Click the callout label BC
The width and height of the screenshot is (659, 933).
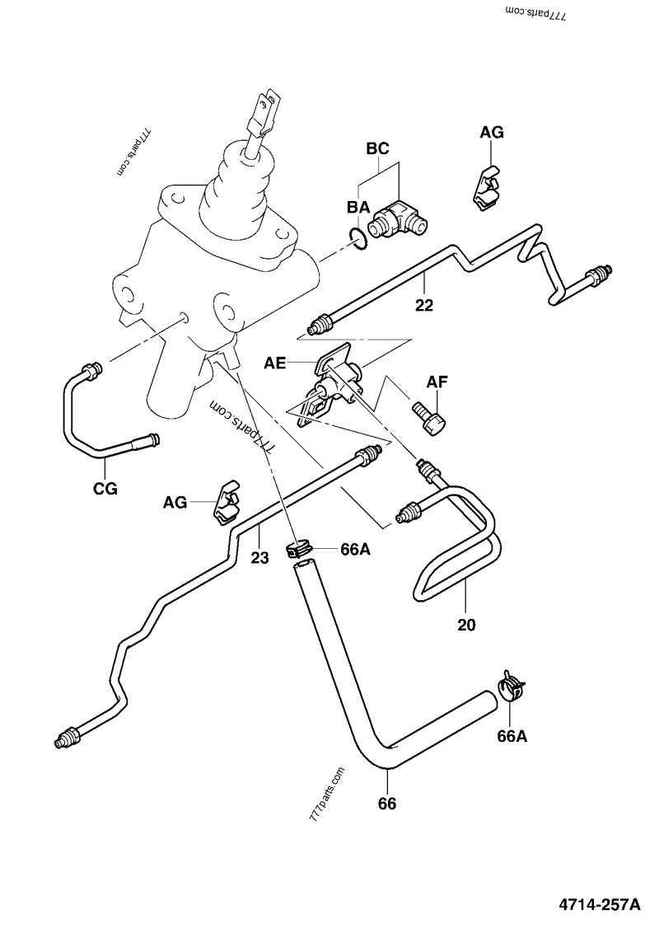[x=377, y=149]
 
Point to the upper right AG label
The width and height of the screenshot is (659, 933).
[x=492, y=132]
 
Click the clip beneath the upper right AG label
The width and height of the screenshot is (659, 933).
[x=487, y=188]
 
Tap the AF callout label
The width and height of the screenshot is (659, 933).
[x=437, y=382]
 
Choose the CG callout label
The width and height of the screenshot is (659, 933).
[x=105, y=489]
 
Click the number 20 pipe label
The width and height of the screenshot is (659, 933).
[x=467, y=624]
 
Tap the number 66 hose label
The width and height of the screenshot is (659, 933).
[x=386, y=803]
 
